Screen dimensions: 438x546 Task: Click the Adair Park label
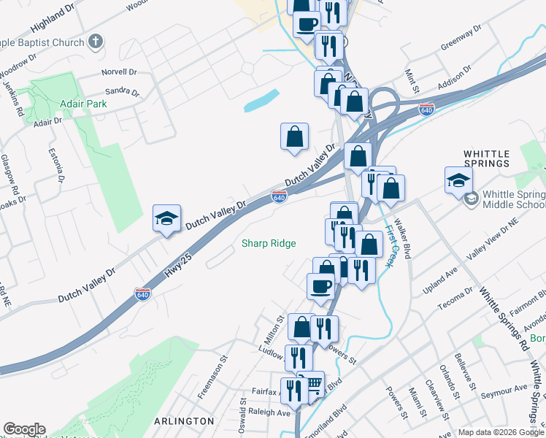(84, 104)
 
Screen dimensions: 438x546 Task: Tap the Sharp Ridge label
(269, 243)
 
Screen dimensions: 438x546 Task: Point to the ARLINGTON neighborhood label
(184, 421)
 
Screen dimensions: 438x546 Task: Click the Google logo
(24, 429)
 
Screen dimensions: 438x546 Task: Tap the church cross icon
(96, 42)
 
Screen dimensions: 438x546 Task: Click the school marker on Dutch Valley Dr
(166, 218)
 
